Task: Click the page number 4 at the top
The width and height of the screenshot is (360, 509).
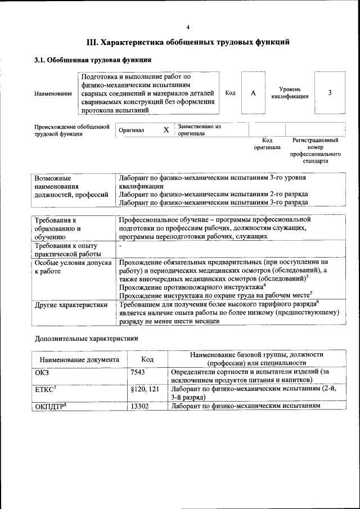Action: [x=188, y=27]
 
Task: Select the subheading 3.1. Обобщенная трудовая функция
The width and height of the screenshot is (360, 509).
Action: [x=92, y=60]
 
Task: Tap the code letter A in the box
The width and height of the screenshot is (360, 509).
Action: [x=253, y=93]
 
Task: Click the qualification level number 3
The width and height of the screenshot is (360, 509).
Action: [x=330, y=93]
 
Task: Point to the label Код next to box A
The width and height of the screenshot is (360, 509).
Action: [x=230, y=93]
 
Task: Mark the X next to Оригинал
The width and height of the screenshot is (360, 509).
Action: [x=166, y=130]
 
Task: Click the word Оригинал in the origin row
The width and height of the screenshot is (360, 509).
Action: [x=131, y=130]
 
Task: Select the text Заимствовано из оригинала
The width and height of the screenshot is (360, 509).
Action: [x=199, y=130]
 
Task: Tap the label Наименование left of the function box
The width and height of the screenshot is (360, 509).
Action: [x=53, y=93]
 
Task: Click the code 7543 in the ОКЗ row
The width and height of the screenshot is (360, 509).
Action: [x=138, y=372]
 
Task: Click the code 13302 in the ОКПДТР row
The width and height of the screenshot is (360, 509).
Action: [x=139, y=405]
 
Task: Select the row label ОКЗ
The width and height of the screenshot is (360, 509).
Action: [x=43, y=372]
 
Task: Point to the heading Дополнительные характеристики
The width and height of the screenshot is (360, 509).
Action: [x=86, y=339]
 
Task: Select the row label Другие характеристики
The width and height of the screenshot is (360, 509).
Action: [x=71, y=305]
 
